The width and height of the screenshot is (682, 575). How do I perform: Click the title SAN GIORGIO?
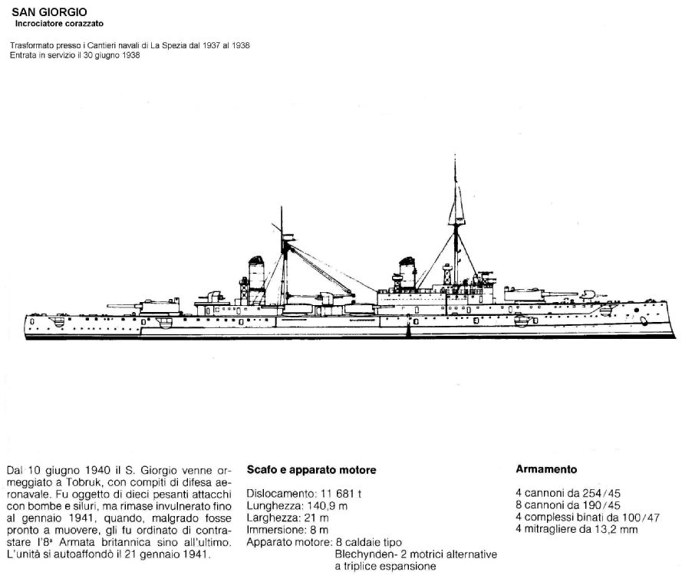49,12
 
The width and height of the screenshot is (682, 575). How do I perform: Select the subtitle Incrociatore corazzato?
59,24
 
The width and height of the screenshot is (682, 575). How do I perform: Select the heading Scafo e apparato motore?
311,470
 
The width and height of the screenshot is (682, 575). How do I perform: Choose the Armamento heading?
546,469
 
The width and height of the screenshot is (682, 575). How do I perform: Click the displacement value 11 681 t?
341,494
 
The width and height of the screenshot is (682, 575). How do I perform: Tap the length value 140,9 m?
327,506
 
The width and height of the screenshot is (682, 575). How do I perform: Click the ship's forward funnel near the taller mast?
407,273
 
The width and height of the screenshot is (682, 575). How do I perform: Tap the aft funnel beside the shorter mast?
257,280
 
